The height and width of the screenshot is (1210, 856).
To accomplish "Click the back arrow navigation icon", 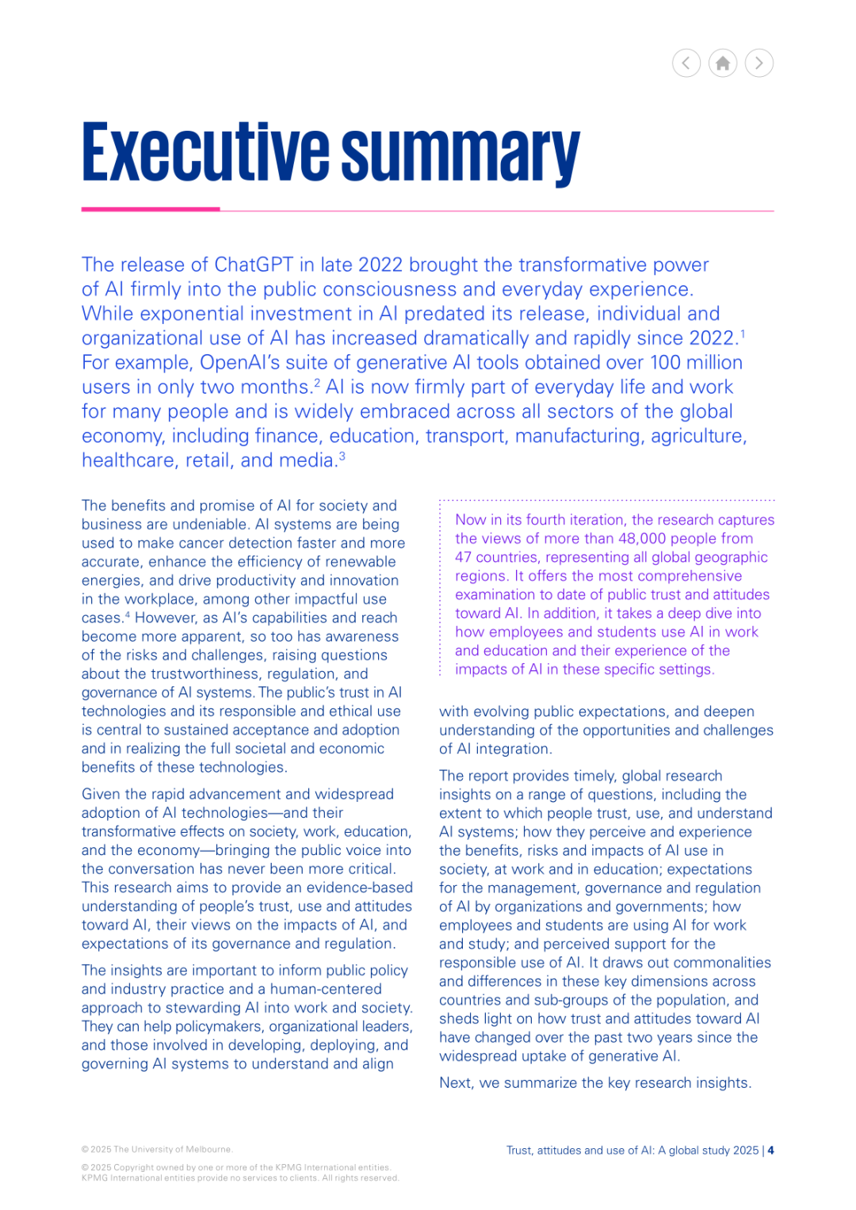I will click(686, 63).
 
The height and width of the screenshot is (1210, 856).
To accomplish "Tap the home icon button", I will click(723, 63).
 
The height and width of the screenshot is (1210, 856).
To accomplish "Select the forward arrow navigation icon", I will click(759, 63).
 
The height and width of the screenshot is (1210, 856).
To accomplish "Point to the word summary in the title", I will click(460, 154).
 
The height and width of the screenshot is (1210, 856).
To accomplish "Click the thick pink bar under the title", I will click(151, 209).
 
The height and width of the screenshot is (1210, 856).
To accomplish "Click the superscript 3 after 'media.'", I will click(342, 456).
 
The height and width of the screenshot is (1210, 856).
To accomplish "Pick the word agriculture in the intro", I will click(697, 437).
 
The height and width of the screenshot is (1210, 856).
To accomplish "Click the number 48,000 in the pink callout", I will click(640, 539).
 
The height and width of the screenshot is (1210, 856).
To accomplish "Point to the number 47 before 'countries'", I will click(463, 557).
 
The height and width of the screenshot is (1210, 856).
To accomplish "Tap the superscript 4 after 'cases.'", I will click(128, 614).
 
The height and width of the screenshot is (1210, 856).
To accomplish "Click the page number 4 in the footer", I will click(771, 1151).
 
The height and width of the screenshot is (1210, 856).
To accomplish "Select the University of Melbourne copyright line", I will click(157, 1150).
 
